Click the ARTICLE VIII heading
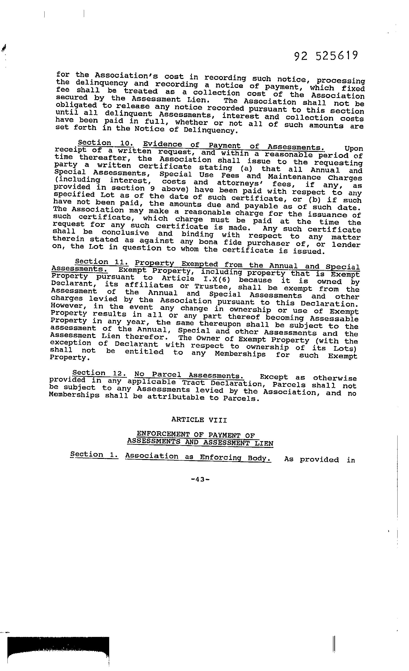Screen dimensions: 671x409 [199, 420]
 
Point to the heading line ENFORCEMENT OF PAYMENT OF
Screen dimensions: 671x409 [196, 435]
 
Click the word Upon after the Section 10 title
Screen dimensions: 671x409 [354, 149]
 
